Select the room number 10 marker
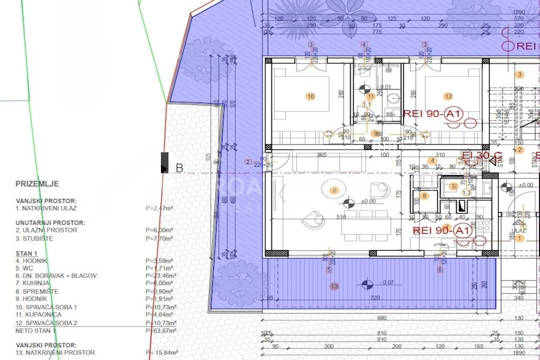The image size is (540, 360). click(x=310, y=96)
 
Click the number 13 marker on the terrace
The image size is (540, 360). click(x=333, y=286)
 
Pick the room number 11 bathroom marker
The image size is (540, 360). click(x=371, y=96)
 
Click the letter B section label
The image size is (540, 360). click(x=179, y=169)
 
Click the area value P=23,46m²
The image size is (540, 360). click(x=161, y=275)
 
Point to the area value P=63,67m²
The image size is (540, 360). click(x=161, y=331)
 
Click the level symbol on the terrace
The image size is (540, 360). click(x=367, y=284)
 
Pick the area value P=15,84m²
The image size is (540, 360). click(x=161, y=353)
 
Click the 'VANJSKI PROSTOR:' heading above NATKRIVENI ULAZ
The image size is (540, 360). click(x=46, y=201)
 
